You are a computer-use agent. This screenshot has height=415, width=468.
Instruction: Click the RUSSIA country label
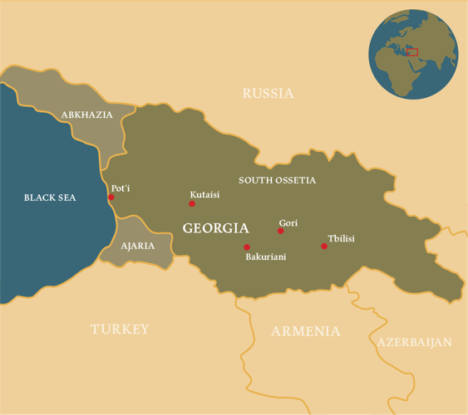[268, 93]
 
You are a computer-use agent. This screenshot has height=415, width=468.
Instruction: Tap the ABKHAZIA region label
[86, 115]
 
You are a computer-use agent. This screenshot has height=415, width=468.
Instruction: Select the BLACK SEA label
[51, 198]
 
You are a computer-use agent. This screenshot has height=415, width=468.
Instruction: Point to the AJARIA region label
[137, 247]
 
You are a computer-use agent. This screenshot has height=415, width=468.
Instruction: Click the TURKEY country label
[120, 329]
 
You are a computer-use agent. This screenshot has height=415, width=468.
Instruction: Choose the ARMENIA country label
[305, 331]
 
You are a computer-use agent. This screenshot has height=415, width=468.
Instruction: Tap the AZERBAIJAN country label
[414, 342]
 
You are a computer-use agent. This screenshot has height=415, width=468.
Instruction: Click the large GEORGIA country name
[215, 227]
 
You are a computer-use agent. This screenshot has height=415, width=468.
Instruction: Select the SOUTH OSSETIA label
[277, 180]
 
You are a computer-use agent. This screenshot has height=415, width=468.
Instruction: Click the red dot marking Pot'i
[111, 198]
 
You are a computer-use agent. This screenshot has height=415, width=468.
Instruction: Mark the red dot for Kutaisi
[192, 203]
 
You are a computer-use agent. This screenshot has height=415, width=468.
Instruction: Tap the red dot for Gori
[281, 231]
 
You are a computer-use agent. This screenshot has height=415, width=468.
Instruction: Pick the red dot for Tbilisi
[324, 246]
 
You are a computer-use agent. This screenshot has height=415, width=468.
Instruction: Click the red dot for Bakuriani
[247, 247]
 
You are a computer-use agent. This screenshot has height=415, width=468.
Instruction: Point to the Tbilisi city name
[341, 239]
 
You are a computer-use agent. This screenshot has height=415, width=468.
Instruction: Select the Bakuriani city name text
[265, 257]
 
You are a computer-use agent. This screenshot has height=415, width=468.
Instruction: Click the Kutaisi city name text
[204, 195]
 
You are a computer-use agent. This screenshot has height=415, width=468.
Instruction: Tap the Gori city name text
[288, 222]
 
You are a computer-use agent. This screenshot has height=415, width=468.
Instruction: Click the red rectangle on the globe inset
[412, 51]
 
